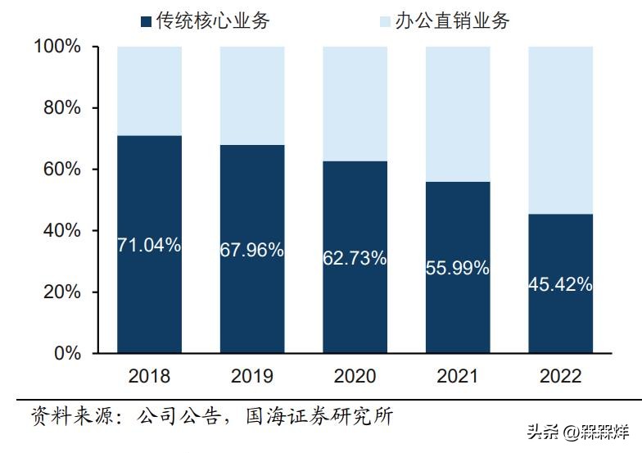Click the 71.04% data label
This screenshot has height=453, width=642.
point(149,244)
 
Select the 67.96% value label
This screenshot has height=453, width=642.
point(252,250)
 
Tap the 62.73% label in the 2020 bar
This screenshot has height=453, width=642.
point(355,258)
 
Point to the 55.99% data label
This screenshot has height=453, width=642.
point(458,268)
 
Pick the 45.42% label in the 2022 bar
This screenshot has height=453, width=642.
point(560,284)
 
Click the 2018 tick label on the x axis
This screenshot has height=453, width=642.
point(149,376)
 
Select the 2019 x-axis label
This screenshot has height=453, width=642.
point(252,376)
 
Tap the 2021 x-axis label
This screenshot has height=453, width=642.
point(458,376)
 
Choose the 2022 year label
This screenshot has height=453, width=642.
point(560,376)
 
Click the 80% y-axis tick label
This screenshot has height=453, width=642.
point(62,108)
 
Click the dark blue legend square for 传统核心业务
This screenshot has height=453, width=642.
point(147,21)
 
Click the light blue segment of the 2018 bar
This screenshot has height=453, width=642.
point(149,90)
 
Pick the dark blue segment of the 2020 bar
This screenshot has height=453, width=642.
point(355,311)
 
